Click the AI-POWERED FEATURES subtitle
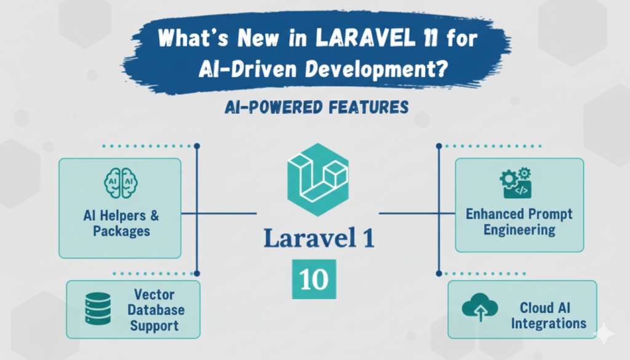[x=314, y=107]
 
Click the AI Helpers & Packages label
[x=121, y=223]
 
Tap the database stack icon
[x=98, y=309]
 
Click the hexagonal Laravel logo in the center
[x=317, y=179]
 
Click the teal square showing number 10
[x=314, y=279]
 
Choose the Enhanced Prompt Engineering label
[x=519, y=222]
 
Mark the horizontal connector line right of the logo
[x=409, y=214]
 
